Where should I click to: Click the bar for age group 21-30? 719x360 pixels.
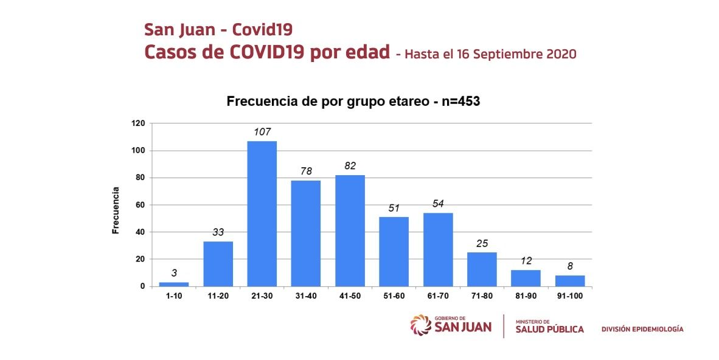pos(262,213)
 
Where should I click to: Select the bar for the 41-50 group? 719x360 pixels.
pos(350,230)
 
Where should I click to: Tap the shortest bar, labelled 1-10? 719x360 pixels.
pos(174,284)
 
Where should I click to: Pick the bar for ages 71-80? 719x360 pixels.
pos(482,269)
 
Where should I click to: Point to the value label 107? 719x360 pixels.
pos(262,131)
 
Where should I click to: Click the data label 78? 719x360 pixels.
pos(306,171)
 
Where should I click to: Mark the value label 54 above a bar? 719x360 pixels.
pos(438,203)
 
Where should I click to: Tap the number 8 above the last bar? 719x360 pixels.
pos(570,266)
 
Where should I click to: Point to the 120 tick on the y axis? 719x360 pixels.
pos(138,123)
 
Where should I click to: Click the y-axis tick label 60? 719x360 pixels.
pos(141,205)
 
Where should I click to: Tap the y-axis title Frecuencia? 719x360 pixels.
pos(115,210)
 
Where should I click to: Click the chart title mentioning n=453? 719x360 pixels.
pos(353,102)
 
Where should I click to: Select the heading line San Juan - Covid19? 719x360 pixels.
pos(218,29)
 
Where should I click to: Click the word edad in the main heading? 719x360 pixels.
pos(364,52)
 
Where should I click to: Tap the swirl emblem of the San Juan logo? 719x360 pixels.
pos(421,325)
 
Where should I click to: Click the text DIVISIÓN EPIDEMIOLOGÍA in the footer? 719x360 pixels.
pos(642,329)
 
